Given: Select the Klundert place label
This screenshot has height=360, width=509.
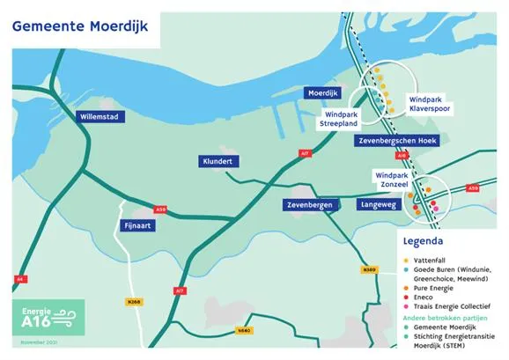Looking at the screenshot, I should [x=216, y=162].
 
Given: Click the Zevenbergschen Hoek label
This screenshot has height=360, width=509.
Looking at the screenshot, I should [x=399, y=141].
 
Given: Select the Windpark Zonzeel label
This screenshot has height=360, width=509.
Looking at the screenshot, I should [x=393, y=180].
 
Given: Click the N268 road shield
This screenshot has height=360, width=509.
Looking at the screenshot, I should [x=135, y=301].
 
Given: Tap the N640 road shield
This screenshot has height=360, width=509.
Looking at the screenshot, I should [x=244, y=332].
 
